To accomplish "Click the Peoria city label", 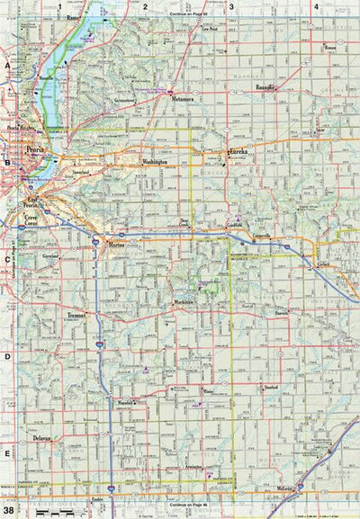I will coord(35,151).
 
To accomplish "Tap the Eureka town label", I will coord(243,154).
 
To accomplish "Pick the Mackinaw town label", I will coord(184,301).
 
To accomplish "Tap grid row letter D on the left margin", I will coord(7,357).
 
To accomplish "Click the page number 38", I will coord(9,510).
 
